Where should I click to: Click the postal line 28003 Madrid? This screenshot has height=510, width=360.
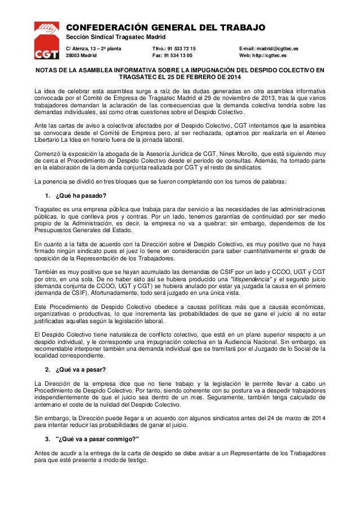[x=82, y=56]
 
